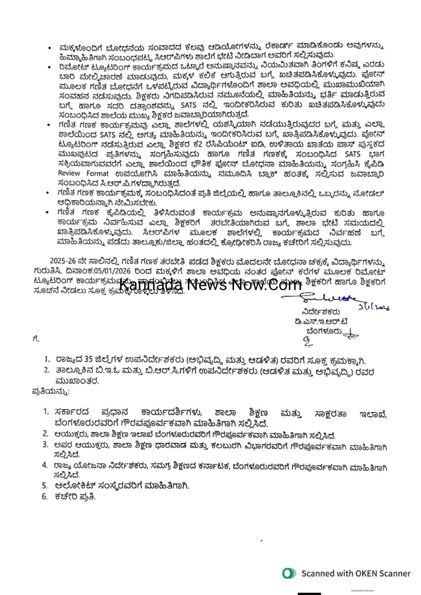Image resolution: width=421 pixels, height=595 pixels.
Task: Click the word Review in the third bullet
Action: [69, 173]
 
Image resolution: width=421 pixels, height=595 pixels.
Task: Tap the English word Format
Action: [98, 173]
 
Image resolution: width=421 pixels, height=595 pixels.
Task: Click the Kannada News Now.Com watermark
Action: [210, 285]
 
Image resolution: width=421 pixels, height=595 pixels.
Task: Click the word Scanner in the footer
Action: [394, 573]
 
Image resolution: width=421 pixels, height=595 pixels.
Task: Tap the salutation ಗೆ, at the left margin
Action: [36, 339]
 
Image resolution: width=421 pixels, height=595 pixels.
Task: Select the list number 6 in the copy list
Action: [45, 496]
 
